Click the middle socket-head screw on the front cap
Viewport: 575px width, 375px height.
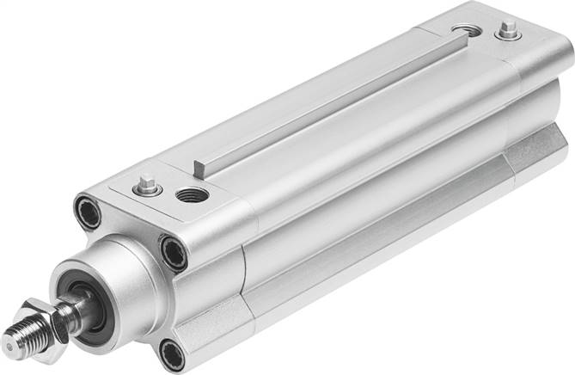(174, 252)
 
